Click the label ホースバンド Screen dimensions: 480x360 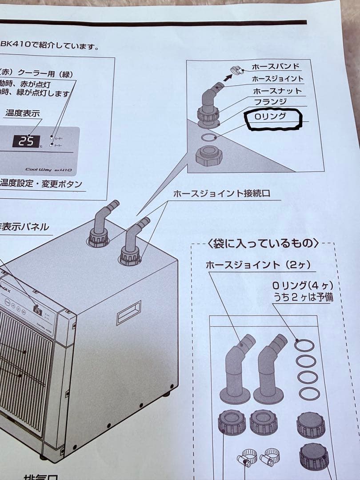click(276, 67)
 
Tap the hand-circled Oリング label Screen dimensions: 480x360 click(270, 117)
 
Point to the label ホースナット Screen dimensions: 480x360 click(277, 91)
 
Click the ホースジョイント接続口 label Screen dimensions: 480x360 click(221, 193)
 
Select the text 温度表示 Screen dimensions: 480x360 click(23, 113)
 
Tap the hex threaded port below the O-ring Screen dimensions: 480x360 click(208, 156)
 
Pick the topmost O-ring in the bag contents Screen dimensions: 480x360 click(304, 345)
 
